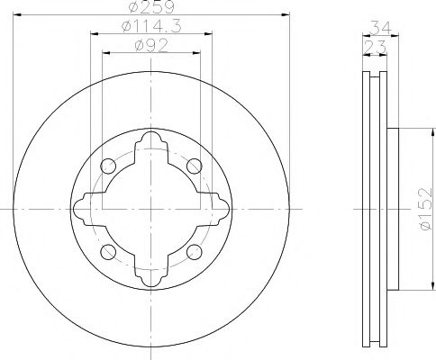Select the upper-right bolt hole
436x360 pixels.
(192, 166)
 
